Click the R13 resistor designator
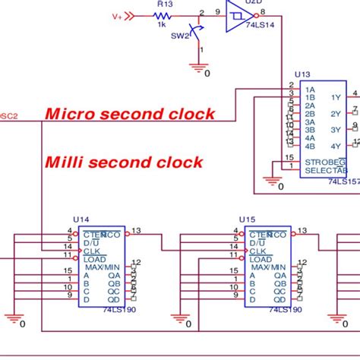(x=164, y=4)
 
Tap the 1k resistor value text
(x=162, y=24)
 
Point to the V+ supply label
(x=117, y=15)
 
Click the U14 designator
(x=80, y=219)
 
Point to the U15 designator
(x=248, y=219)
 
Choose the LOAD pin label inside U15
(x=261, y=259)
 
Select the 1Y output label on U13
(x=335, y=97)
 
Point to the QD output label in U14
(x=114, y=298)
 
